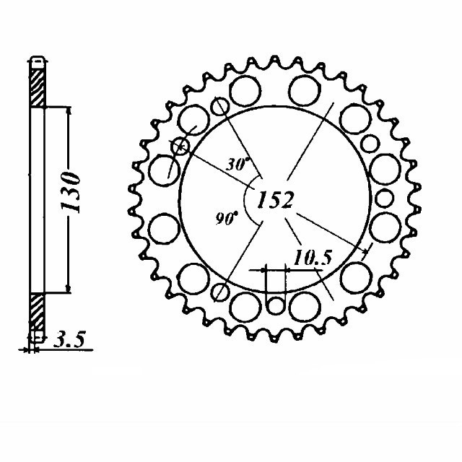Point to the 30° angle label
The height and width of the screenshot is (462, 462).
click(237, 164)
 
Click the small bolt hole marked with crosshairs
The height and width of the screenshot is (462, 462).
click(180, 147)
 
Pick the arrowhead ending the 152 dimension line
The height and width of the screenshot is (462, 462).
click(365, 250)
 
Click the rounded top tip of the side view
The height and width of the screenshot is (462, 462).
click(37, 58)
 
